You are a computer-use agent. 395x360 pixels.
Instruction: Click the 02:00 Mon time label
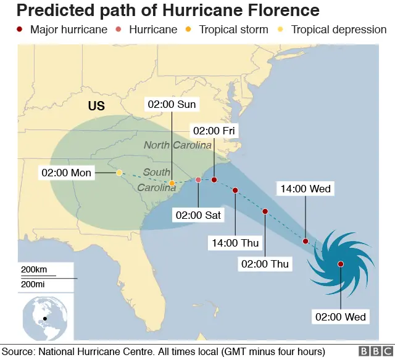[x=67, y=173]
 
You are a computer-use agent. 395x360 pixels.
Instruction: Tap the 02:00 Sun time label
[x=171, y=104]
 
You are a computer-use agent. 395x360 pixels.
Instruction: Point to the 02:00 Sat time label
[x=198, y=215]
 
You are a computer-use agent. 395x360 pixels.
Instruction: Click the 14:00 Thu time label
[x=235, y=243]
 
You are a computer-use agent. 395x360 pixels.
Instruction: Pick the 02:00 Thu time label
[x=264, y=264]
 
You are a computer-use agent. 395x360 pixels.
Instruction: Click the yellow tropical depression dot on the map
[x=119, y=173]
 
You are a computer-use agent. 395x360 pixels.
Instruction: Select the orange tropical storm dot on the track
[x=172, y=183]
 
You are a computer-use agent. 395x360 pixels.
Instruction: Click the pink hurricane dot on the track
[x=198, y=180]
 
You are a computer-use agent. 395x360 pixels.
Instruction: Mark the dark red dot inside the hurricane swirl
[x=341, y=264]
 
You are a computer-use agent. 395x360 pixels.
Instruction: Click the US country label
[x=96, y=106]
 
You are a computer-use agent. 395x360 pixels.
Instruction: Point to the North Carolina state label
[x=178, y=145]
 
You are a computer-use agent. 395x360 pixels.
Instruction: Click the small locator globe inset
[x=44, y=318]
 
